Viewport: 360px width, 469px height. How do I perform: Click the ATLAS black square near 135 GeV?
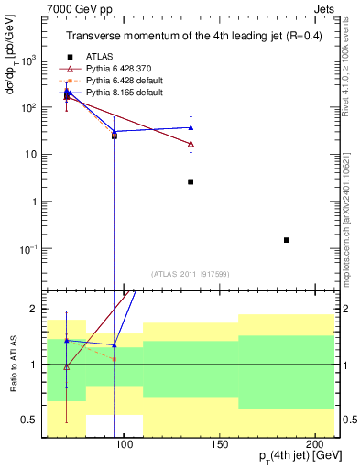(x=191, y=181)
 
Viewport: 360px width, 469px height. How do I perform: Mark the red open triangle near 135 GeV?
(x=191, y=144)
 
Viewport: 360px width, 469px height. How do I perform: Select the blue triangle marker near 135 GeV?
(x=191, y=127)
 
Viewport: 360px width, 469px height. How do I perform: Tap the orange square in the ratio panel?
(x=114, y=359)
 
